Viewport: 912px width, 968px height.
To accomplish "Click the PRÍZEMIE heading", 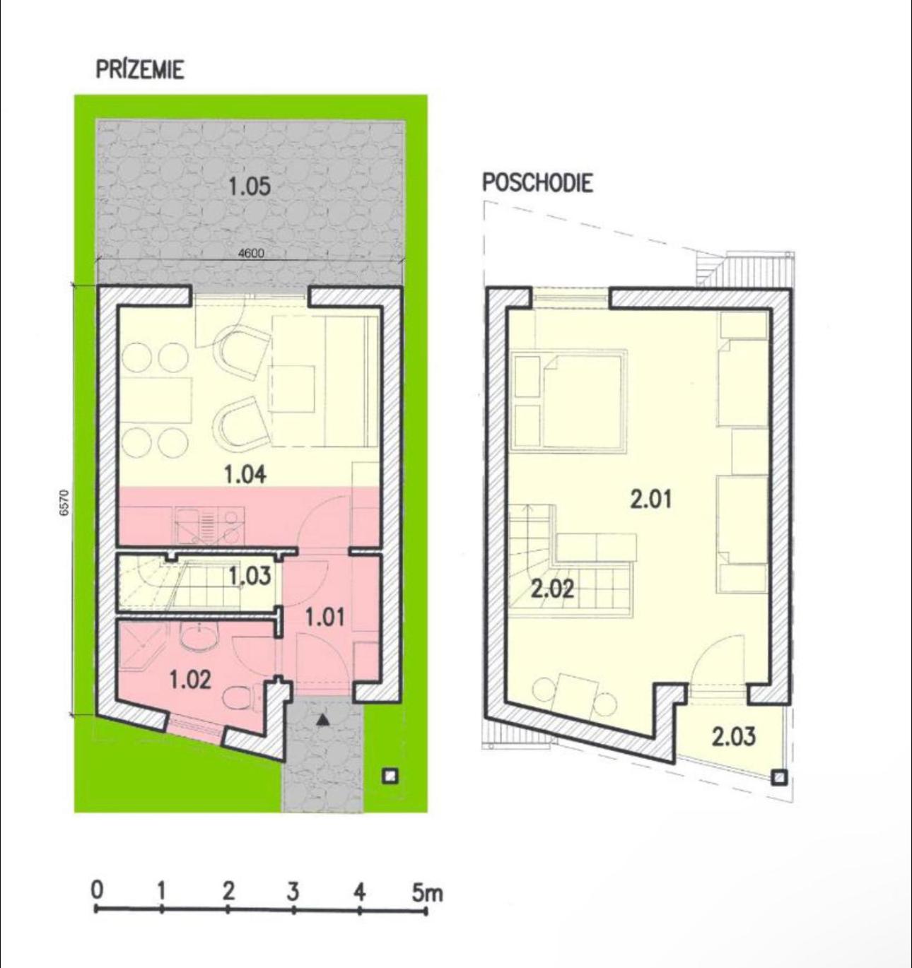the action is point(140,69).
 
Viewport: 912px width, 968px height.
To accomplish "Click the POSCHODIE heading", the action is point(537,183).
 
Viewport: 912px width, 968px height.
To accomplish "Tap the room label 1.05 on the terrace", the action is point(250,187).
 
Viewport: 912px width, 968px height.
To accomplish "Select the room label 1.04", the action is point(245,474).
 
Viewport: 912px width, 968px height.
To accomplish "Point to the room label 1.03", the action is point(250,577).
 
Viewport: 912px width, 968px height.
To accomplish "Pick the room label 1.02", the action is point(190,680).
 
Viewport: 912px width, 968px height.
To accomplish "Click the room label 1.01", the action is point(325,618).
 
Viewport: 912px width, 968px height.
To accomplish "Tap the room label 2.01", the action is point(651,500).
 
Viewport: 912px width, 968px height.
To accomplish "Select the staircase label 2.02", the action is point(552,590).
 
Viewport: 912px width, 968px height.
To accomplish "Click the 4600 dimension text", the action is point(251,253).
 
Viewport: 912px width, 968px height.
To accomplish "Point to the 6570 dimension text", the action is point(67,502).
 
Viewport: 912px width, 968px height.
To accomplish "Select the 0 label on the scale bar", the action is point(97,890).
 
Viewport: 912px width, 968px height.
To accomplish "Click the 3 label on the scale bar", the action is point(293,892).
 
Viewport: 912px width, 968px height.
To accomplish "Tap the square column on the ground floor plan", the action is point(390,776).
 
